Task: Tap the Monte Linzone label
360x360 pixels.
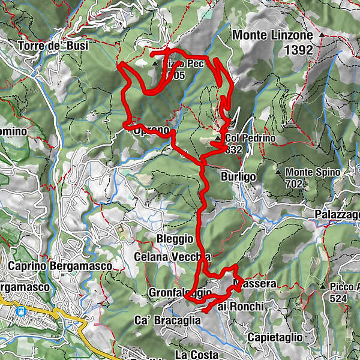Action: pyautogui.click(x=272, y=36)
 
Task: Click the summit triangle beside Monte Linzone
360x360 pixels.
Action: pyautogui.click(x=322, y=35)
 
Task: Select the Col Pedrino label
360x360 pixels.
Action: pyautogui.click(x=250, y=139)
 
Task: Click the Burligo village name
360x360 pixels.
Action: pyautogui.click(x=238, y=177)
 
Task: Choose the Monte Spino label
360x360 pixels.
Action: pyautogui.click(x=313, y=172)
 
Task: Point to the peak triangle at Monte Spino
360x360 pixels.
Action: pyautogui.click(x=278, y=172)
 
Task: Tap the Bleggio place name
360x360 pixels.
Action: pyautogui.click(x=175, y=239)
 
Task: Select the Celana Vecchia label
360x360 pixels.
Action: pyautogui.click(x=172, y=256)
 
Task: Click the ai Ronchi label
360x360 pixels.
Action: pyautogui.click(x=240, y=307)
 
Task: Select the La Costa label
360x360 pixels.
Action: pyautogui.click(x=197, y=354)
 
